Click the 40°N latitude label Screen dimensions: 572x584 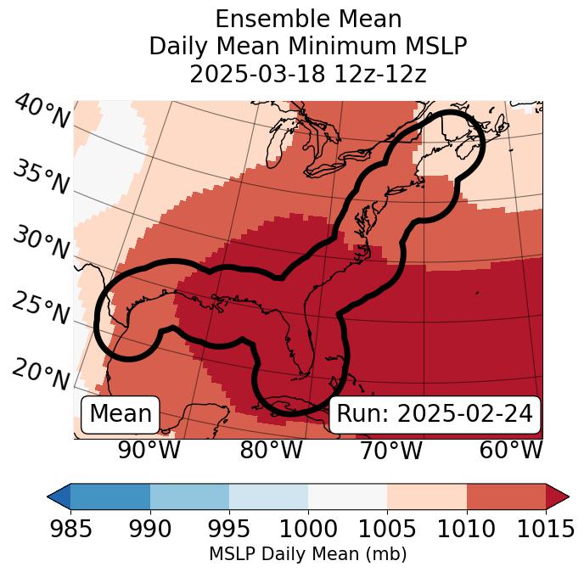point(41,112)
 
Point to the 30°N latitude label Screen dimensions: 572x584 point(41,244)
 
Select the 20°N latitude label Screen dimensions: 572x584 point(41,373)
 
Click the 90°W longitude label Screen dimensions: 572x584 point(149,450)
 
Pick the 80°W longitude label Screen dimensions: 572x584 point(271,450)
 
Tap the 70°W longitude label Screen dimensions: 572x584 point(390,450)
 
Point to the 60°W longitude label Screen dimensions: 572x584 point(511,450)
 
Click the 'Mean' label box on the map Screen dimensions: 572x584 point(121,414)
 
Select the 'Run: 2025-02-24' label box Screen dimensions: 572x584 point(435,414)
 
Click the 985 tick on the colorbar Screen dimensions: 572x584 point(70,530)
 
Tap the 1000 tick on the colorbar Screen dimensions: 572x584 point(308,530)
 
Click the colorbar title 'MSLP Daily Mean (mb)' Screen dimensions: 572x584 point(307,554)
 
